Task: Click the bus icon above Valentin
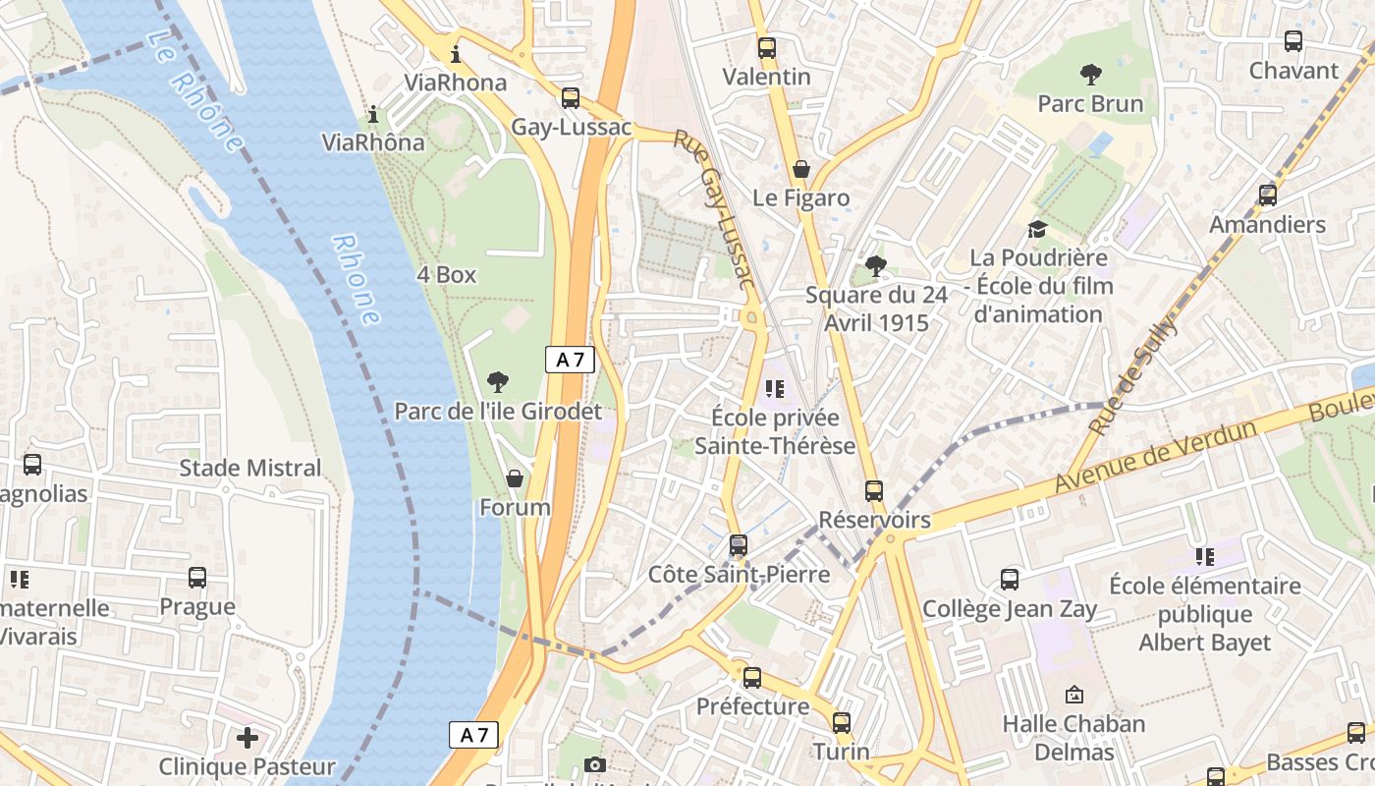click(766, 47)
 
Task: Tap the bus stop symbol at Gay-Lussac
click(570, 98)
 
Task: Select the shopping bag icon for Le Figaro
click(801, 169)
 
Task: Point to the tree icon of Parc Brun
click(1090, 75)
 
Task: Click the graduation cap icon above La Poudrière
click(1037, 229)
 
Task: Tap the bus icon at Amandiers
click(1267, 196)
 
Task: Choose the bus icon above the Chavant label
click(1293, 41)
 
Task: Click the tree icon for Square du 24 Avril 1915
click(875, 265)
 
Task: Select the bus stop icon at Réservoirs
click(874, 490)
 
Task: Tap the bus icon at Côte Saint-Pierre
click(739, 544)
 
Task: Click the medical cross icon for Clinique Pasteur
click(247, 737)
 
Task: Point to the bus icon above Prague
click(197, 578)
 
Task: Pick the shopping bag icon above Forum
click(514, 478)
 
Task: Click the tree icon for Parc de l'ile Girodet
click(498, 382)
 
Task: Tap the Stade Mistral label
click(250, 469)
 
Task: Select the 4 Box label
click(446, 275)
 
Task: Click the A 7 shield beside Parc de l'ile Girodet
click(570, 360)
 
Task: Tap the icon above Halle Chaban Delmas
click(1073, 695)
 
